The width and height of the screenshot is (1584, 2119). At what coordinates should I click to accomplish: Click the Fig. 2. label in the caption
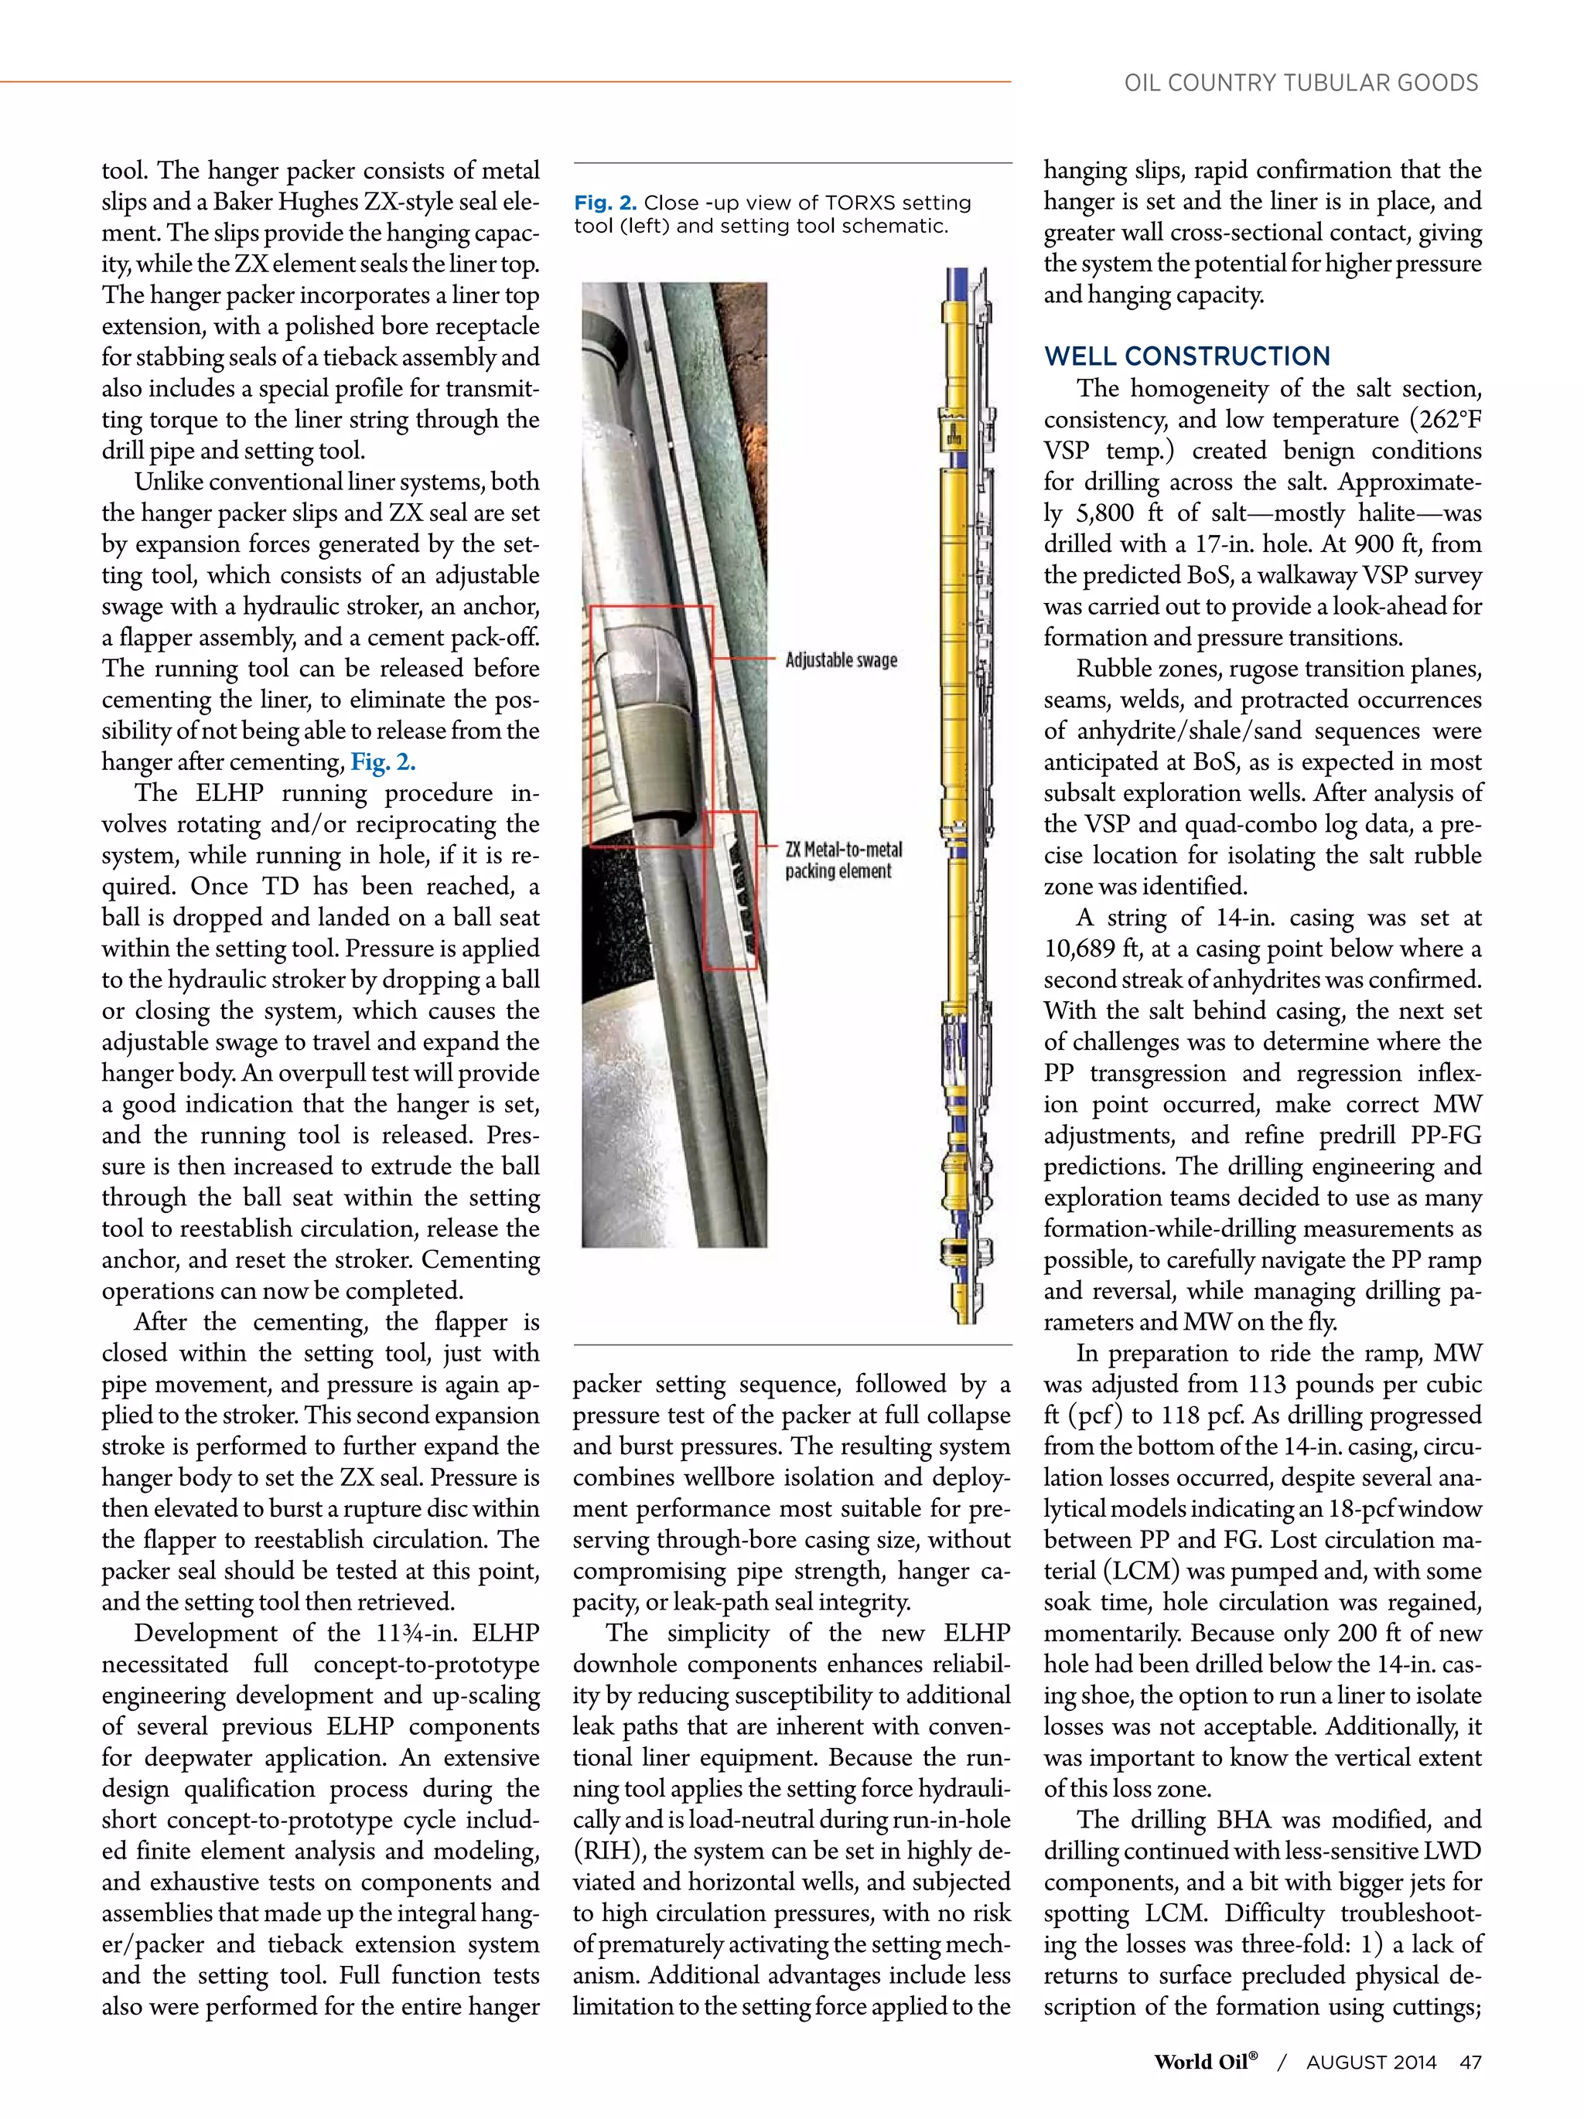coord(605,203)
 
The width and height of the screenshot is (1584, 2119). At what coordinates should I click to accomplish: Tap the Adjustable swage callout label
coord(841,660)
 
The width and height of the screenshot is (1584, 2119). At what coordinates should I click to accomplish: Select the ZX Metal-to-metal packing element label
coord(843,860)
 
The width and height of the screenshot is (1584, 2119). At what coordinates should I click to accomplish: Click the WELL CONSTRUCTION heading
coord(1186,356)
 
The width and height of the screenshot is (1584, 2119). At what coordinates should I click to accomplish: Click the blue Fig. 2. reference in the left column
coord(382,762)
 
